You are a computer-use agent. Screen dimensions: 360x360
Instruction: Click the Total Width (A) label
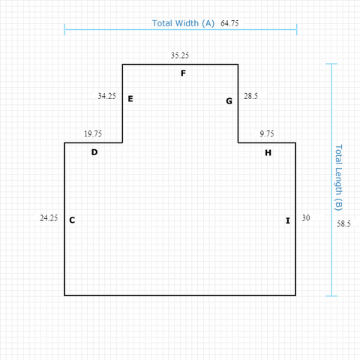[183, 23]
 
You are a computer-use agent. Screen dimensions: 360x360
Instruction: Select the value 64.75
[229, 23]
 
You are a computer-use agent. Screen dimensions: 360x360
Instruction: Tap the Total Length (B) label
[338, 178]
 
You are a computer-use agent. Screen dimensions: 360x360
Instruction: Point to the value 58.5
[343, 223]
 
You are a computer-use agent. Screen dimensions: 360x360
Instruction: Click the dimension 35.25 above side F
[180, 55]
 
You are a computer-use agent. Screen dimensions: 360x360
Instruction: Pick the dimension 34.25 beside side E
[106, 96]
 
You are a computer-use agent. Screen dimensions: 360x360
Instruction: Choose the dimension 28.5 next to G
[250, 96]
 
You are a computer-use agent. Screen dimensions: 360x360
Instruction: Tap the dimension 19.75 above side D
[93, 133]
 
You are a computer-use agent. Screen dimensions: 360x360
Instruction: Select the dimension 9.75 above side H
[267, 133]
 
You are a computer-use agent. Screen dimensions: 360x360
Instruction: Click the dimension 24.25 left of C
[49, 218]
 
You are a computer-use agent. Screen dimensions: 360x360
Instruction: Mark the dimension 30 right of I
[306, 218]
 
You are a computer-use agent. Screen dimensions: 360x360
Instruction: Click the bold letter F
[183, 73]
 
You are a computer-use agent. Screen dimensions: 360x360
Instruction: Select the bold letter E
[130, 99]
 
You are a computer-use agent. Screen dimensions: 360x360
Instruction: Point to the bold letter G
[229, 101]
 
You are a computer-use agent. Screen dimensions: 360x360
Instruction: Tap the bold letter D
[94, 152]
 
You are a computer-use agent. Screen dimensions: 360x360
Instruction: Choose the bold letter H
[268, 153]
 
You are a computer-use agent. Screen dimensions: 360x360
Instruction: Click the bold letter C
[72, 220]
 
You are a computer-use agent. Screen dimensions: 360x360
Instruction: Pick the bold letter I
[288, 220]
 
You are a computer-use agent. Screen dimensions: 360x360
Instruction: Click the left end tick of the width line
[64, 29]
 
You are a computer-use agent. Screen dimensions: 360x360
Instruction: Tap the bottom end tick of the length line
[331, 296]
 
